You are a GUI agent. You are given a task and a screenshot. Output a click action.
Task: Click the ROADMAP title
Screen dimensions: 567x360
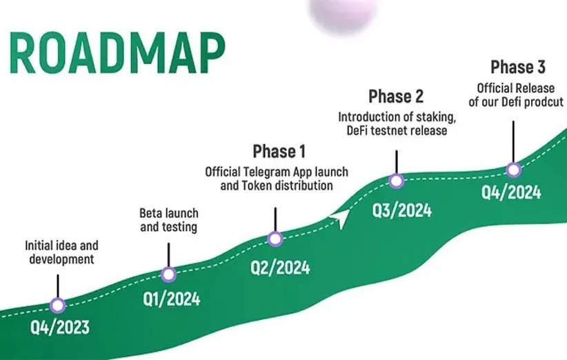point(117,53)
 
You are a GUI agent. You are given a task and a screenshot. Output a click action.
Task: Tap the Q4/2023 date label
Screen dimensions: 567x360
point(59,328)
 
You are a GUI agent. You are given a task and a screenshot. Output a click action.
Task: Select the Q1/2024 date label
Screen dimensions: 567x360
point(171,299)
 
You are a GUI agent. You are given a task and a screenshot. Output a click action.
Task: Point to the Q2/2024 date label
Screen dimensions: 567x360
point(280,268)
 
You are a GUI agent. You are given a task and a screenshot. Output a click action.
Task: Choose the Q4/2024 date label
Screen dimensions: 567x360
point(511,192)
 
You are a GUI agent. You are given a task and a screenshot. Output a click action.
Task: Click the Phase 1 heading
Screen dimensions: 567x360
point(279,152)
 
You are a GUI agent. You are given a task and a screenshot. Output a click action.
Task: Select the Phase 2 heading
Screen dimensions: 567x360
point(396,97)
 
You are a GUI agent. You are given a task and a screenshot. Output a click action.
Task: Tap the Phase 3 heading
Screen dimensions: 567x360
point(518,67)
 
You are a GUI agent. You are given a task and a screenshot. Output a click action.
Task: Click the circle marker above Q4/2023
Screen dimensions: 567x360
point(58,306)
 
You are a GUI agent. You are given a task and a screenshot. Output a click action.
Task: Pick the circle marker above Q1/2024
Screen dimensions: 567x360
point(168,274)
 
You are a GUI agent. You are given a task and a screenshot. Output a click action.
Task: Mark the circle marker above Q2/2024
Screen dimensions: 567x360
point(275,239)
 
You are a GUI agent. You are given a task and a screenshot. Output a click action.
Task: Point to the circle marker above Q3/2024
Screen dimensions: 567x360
point(397,181)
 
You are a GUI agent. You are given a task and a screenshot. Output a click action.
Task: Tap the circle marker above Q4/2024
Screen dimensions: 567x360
point(513,170)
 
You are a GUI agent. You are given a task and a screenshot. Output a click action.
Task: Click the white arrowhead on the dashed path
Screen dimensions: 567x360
point(341,217)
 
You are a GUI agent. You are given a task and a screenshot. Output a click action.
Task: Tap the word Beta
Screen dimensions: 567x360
point(149,213)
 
